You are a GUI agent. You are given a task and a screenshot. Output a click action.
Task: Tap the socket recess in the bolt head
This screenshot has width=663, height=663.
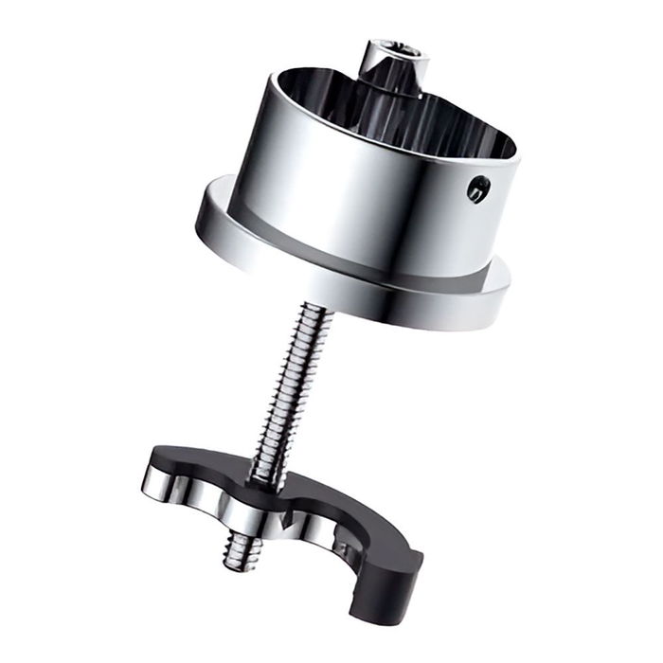tap(397, 47)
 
